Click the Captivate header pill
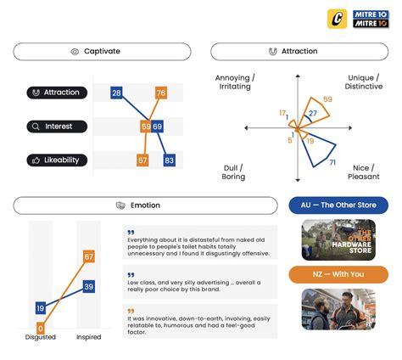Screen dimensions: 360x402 tap(102, 52)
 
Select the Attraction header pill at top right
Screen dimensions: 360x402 tap(299, 52)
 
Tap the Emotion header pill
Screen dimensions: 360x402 tap(145, 205)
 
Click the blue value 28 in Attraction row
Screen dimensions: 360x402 tap(117, 93)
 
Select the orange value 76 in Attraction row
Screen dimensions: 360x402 tap(160, 93)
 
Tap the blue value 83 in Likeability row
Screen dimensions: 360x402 tap(169, 160)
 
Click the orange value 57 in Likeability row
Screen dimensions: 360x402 tap(142, 160)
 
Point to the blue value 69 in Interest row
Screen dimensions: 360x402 tap(158, 127)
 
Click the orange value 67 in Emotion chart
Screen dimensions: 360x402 tap(88, 256)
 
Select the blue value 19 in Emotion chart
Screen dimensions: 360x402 tap(40, 308)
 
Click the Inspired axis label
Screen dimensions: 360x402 tap(88, 338)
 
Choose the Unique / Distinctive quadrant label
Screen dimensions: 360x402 tap(365, 82)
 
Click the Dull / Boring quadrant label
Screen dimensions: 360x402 tap(233, 172)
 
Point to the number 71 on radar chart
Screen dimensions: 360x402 tap(332, 162)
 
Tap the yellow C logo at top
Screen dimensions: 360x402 tap(337, 20)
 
